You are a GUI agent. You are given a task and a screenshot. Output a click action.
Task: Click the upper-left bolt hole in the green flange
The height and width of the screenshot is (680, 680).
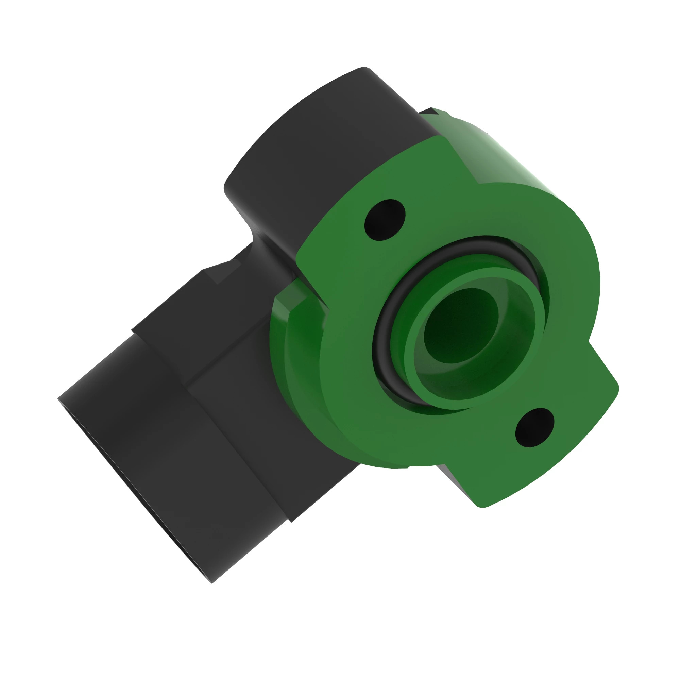click(385, 220)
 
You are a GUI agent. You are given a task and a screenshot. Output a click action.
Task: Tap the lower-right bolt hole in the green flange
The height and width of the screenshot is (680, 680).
click(534, 428)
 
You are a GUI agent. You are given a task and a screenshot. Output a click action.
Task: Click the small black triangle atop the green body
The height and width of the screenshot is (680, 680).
click(431, 111)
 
